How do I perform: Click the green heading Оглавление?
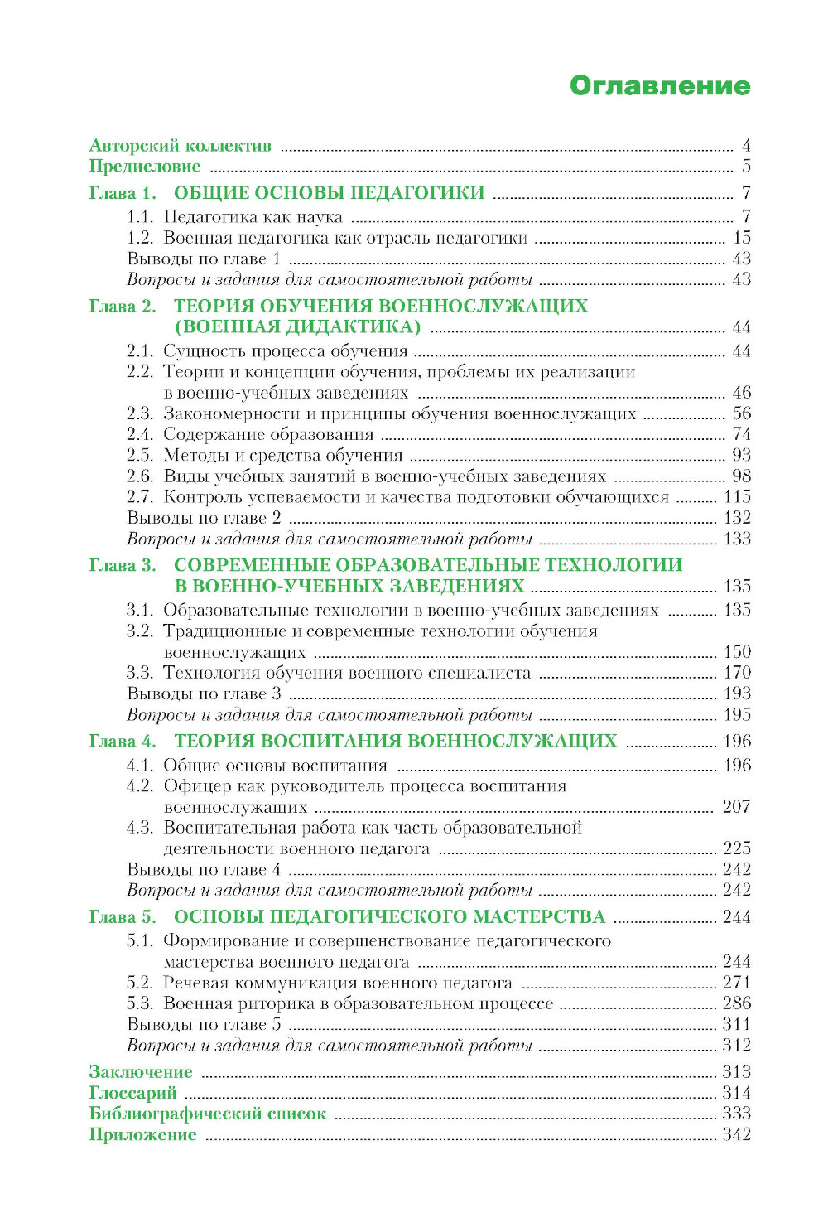point(659,86)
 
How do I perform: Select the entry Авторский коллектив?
point(180,146)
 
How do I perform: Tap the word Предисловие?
point(144,167)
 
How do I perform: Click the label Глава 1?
point(123,193)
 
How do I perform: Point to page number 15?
point(741,238)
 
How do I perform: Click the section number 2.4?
point(140,434)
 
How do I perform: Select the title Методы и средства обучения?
point(282,455)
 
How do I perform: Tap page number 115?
point(737,496)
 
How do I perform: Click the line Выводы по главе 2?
point(204,518)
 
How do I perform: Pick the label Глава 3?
point(123,565)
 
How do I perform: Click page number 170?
point(737,673)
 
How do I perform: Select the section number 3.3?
point(140,673)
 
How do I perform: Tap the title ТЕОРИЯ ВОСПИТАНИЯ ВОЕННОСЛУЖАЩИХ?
point(395,741)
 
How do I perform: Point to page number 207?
point(736,807)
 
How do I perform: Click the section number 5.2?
point(140,983)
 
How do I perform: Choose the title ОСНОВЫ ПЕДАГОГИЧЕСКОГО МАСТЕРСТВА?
point(389,917)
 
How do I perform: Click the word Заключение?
point(140,1072)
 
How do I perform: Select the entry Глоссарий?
point(132,1093)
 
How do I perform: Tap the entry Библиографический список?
point(207,1114)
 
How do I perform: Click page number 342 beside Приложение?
point(736,1134)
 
